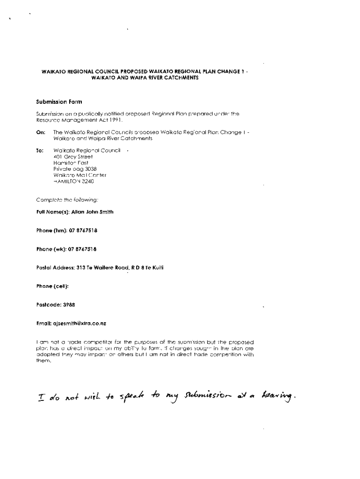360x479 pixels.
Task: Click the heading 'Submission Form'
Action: point(59,101)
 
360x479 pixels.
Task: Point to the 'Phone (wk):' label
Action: point(51,249)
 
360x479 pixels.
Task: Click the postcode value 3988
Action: point(69,305)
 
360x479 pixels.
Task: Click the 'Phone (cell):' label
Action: point(52,286)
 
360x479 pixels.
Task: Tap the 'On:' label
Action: point(41,132)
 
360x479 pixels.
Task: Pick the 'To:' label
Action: point(40,151)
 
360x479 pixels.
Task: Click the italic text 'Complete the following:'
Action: point(67,200)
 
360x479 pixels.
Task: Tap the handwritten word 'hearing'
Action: point(279,398)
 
